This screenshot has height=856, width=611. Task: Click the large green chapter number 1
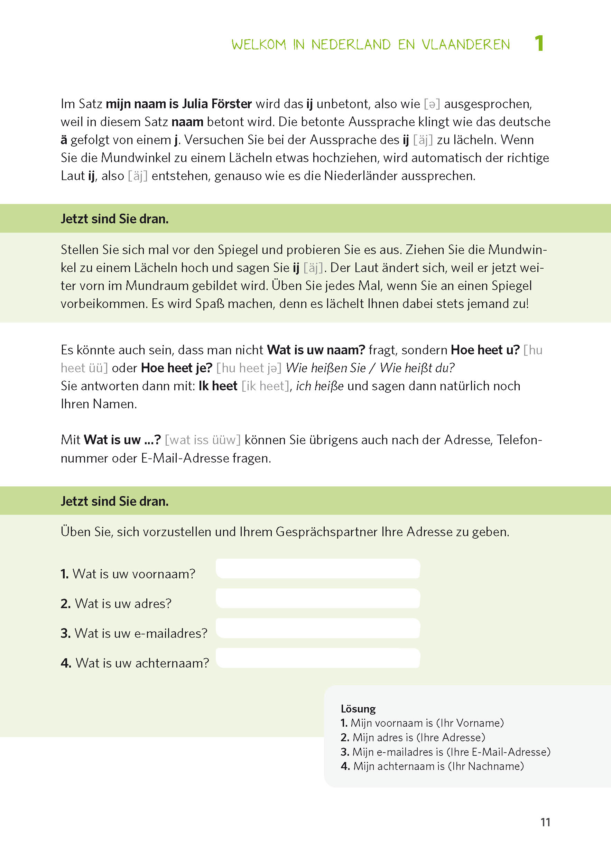click(x=539, y=43)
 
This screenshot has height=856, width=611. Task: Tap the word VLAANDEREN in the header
click(x=465, y=45)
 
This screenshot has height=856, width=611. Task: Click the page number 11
click(x=545, y=822)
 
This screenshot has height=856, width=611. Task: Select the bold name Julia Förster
click(x=217, y=104)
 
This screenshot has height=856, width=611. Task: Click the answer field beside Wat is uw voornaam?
click(x=317, y=569)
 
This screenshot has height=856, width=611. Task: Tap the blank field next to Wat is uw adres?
click(x=317, y=598)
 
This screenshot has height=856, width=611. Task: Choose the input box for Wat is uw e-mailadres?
click(x=317, y=628)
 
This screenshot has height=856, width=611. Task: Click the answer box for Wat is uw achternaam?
click(x=317, y=658)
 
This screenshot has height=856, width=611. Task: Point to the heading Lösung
click(x=358, y=709)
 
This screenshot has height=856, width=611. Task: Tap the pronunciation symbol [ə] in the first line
click(x=432, y=104)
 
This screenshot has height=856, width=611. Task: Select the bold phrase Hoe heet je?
click(x=176, y=368)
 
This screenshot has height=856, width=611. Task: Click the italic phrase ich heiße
click(x=320, y=386)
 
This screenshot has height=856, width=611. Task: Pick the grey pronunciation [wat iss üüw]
click(x=202, y=440)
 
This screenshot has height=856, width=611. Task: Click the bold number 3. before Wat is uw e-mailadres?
click(x=65, y=633)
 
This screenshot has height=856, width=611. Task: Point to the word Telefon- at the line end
click(x=519, y=440)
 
